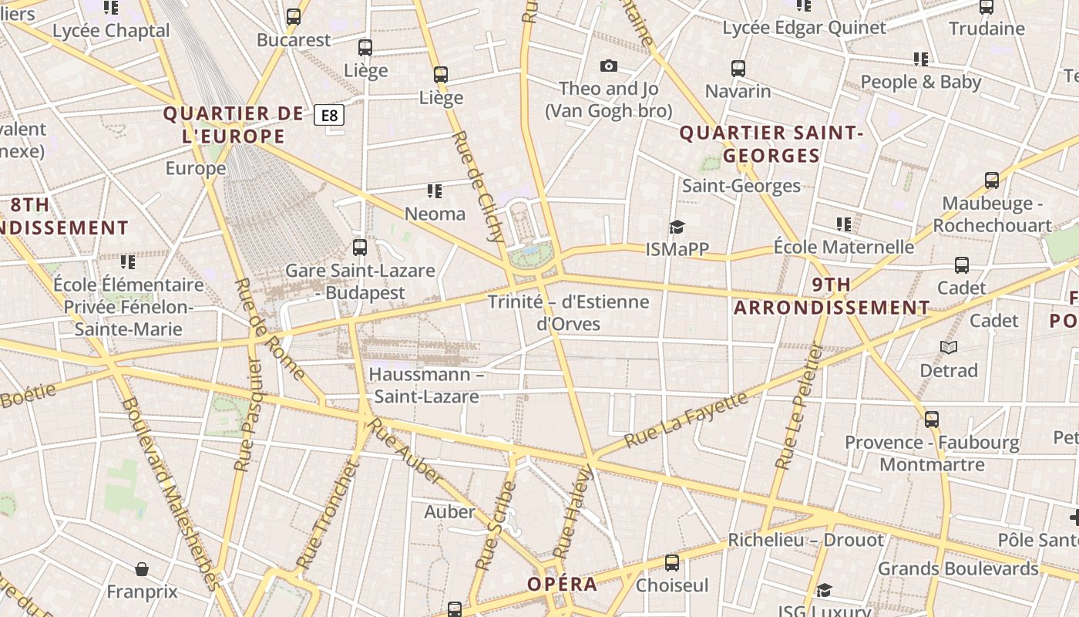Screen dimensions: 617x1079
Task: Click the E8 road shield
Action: tap(329, 116)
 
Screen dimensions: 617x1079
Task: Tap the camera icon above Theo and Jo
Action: tap(609, 66)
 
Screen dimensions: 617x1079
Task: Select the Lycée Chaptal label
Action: tap(111, 31)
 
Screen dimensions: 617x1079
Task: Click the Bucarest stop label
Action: tap(294, 40)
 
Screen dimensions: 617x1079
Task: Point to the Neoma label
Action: tap(435, 214)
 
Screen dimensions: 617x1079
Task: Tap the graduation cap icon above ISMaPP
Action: tap(677, 227)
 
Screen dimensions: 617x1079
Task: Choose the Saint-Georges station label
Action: tap(741, 186)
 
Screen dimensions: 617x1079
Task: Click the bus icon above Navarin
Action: tap(738, 69)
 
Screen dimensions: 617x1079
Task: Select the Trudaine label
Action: tap(987, 29)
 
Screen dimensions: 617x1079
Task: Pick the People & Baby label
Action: tap(921, 82)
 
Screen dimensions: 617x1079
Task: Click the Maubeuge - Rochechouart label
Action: tap(992, 214)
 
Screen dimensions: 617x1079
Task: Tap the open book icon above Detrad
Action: tap(949, 348)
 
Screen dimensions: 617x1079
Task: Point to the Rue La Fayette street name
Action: tap(685, 420)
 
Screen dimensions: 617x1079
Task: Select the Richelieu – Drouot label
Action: tap(805, 540)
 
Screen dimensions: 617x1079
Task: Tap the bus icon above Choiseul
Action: tap(672, 563)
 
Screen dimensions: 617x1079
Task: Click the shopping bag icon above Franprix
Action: tap(142, 570)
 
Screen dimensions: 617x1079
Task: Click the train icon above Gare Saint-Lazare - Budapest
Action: tap(360, 248)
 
